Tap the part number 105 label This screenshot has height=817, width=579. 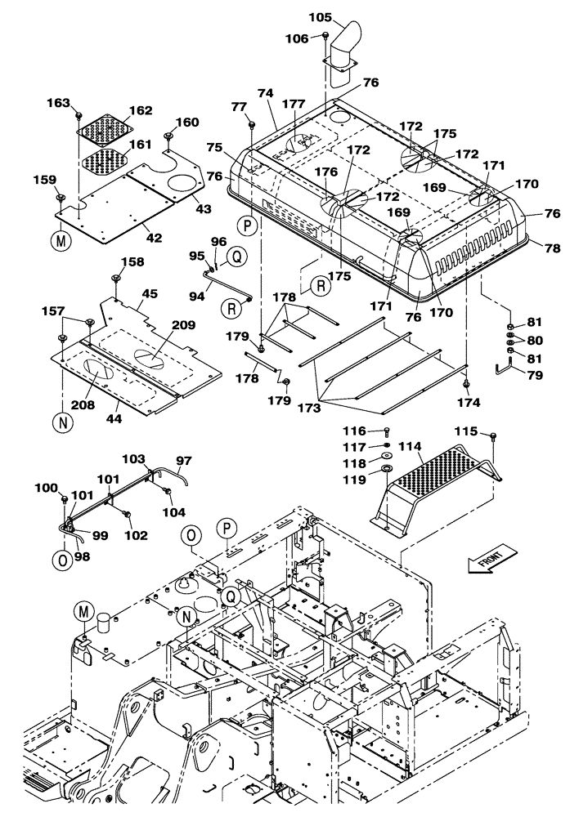[x=321, y=17]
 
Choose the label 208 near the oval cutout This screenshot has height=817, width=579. [x=83, y=404]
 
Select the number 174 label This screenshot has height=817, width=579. [x=469, y=402]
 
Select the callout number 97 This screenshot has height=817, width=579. [x=183, y=461]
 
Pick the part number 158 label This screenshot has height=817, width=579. [x=132, y=261]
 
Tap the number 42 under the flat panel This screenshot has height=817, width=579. [x=154, y=238]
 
